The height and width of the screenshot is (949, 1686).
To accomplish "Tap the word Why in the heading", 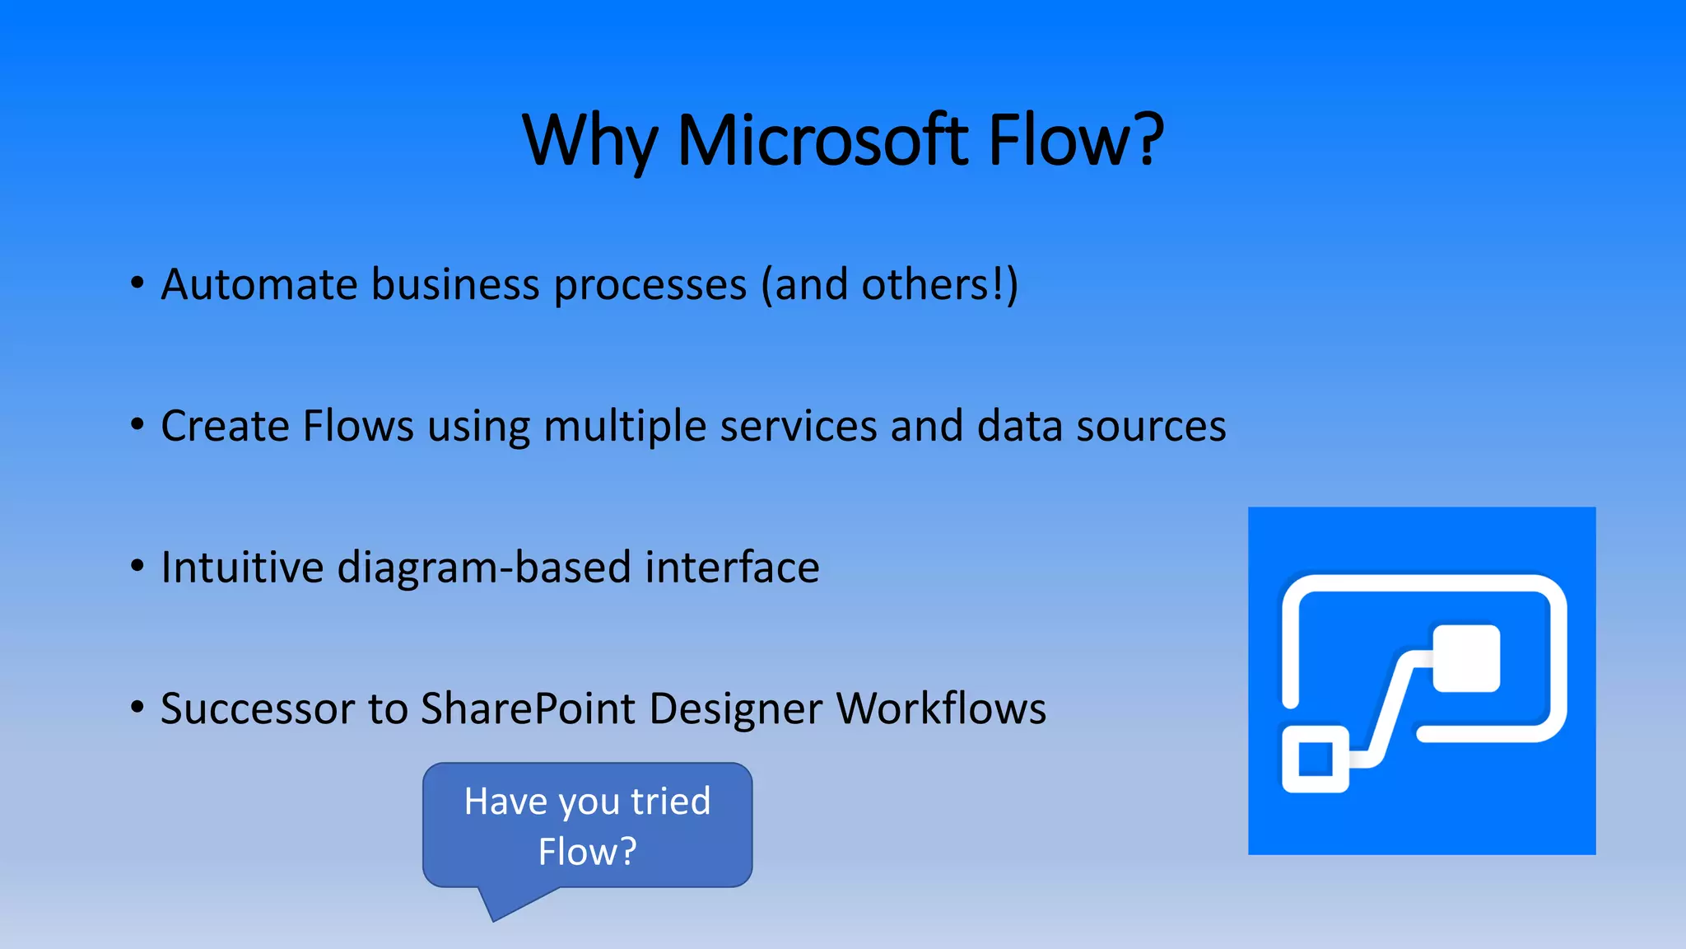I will [x=589, y=142].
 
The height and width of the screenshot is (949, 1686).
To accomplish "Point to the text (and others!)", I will [x=889, y=285].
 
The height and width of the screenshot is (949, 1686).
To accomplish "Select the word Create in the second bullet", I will [x=225, y=426].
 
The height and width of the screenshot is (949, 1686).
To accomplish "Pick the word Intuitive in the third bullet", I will [x=242, y=568].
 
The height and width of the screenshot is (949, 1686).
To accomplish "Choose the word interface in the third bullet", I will [x=732, y=568].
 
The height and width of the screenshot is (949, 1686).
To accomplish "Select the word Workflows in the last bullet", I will [x=941, y=708].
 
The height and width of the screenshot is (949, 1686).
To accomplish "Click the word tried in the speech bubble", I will [x=670, y=802].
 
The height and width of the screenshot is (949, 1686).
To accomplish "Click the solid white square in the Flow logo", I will [x=1466, y=658].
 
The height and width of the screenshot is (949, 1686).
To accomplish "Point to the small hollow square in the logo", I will [x=1315, y=759].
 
